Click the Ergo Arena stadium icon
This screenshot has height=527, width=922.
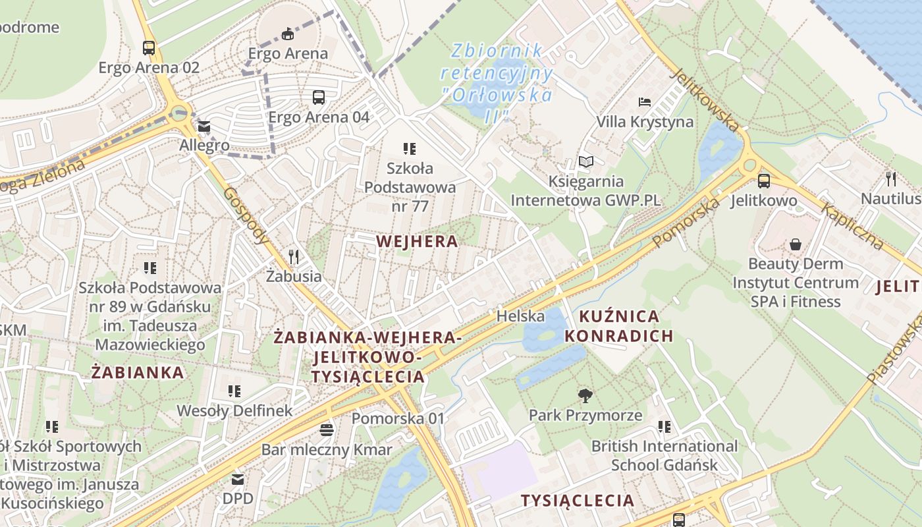[x=287, y=34]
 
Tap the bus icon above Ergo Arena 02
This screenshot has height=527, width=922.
[x=149, y=47]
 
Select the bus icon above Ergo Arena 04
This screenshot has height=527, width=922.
[x=319, y=97]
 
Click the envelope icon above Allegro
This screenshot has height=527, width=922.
[x=204, y=126]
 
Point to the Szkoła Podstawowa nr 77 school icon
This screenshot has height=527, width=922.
[x=410, y=149]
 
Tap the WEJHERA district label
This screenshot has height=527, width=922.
[x=417, y=241]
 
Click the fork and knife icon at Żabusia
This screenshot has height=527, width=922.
[x=294, y=256]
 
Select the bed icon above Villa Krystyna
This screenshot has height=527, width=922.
[x=645, y=102]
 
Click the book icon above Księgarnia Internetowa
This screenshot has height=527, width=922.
[x=585, y=161]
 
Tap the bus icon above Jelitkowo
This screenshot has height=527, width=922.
[x=764, y=180]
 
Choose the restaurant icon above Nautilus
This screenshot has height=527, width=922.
[x=891, y=179]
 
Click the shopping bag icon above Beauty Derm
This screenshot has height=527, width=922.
[x=796, y=244]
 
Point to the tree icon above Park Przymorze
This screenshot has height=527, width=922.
[x=585, y=395]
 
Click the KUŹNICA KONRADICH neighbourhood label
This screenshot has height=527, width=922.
[x=618, y=326]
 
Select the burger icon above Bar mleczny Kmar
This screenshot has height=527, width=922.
[x=327, y=430]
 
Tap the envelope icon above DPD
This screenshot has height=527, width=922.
[x=237, y=479]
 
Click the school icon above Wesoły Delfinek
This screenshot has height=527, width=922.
[x=234, y=391]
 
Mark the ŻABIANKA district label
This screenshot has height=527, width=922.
[x=138, y=373]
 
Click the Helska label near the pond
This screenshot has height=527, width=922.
[x=520, y=316]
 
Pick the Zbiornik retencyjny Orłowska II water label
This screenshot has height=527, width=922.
[x=497, y=83]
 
